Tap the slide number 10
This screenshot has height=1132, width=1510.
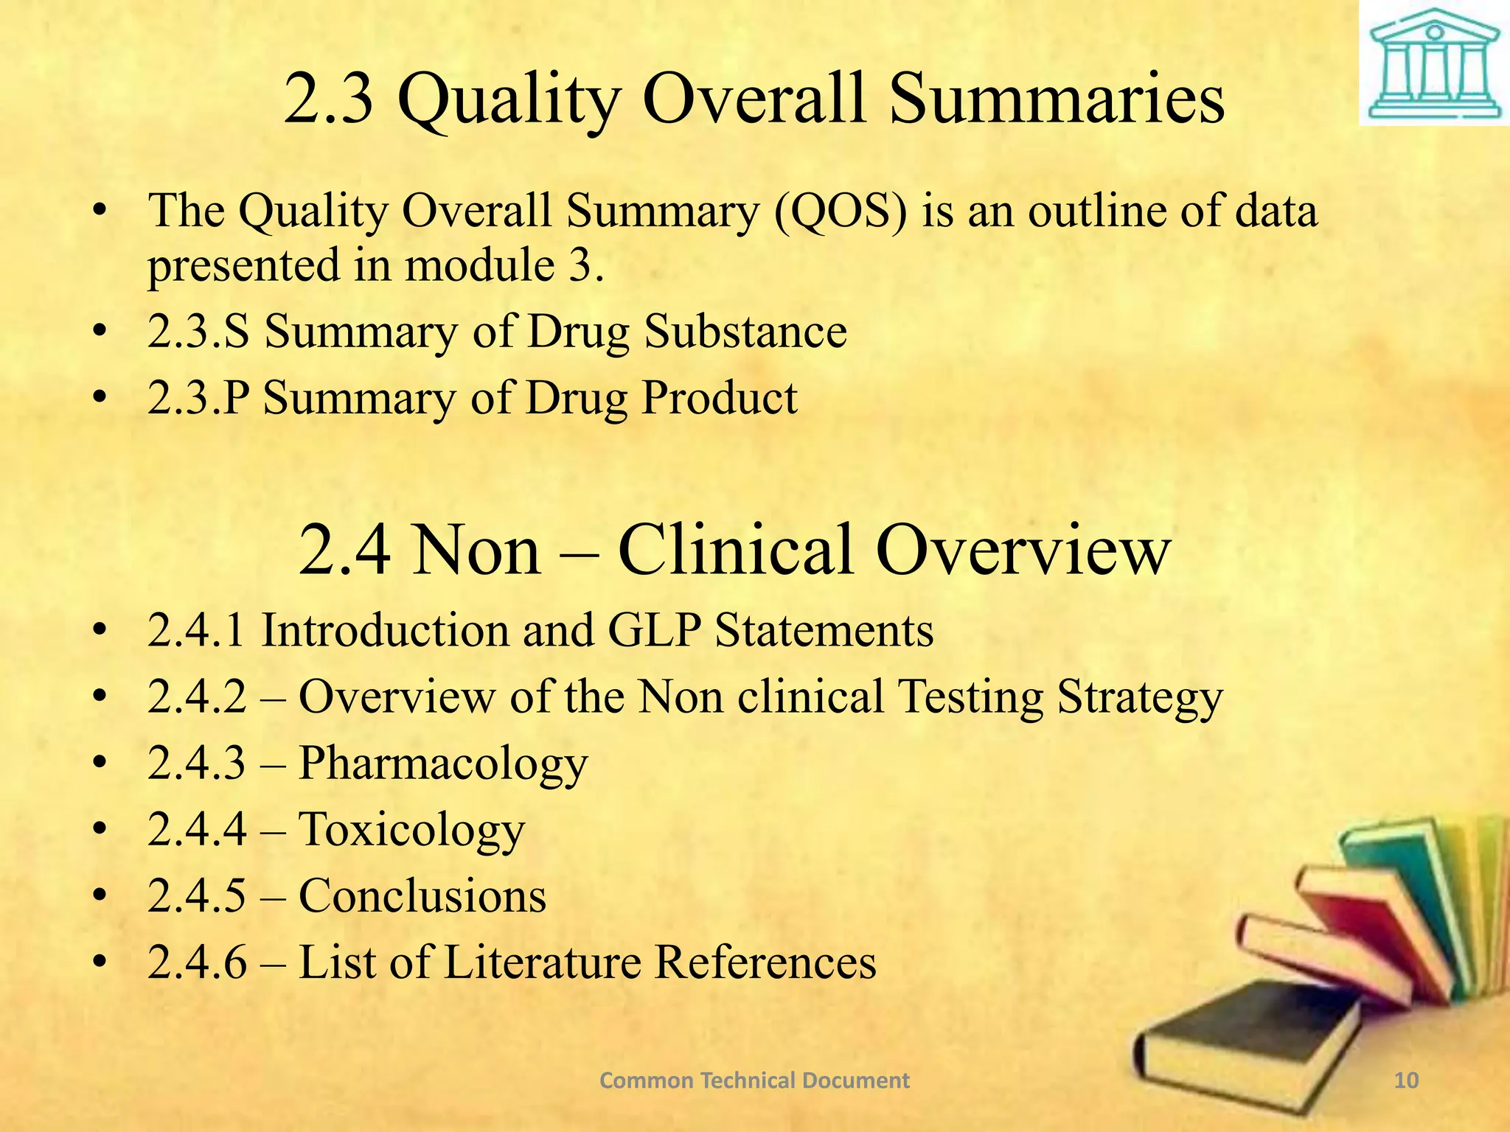[x=1407, y=1080]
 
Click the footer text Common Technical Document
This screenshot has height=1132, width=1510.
[x=754, y=1080]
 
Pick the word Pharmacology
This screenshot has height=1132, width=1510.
[x=443, y=764]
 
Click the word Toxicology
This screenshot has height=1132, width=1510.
[x=411, y=830]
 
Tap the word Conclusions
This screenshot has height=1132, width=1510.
[x=422, y=896]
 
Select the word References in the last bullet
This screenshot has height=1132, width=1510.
[x=765, y=962]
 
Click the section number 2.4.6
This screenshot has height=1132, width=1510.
[x=197, y=962]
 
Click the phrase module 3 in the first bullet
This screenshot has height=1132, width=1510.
[x=504, y=265]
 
